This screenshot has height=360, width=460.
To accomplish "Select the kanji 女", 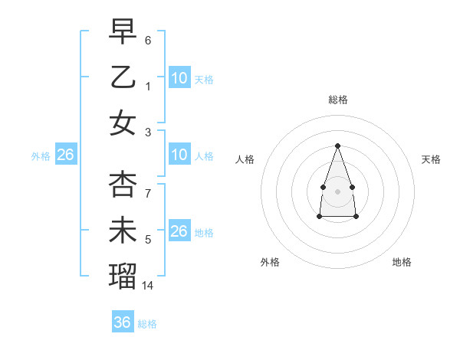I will [x=123, y=123].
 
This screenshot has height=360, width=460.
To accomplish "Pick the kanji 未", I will [x=123, y=231].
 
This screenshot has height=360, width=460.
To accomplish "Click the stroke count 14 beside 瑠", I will [x=149, y=286].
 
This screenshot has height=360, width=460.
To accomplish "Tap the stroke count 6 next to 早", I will [x=148, y=40].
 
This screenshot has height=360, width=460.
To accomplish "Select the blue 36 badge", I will [x=123, y=322].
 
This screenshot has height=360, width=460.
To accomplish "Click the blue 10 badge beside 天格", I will [x=179, y=77].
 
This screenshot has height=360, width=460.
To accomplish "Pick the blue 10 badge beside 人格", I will [x=179, y=155].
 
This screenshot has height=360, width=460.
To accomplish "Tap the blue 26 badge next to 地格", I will [x=179, y=231].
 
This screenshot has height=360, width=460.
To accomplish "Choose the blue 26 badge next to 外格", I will [x=65, y=155].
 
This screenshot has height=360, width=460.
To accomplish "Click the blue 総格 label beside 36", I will [x=147, y=324].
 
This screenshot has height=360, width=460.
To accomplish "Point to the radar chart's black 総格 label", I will [x=337, y=100].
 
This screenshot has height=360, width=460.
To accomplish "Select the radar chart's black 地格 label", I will [x=402, y=262].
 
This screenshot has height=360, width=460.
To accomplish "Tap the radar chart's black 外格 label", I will [x=270, y=262].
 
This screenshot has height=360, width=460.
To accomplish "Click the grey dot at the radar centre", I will [x=337, y=190].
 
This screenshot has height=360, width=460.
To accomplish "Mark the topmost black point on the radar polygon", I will [x=337, y=146].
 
